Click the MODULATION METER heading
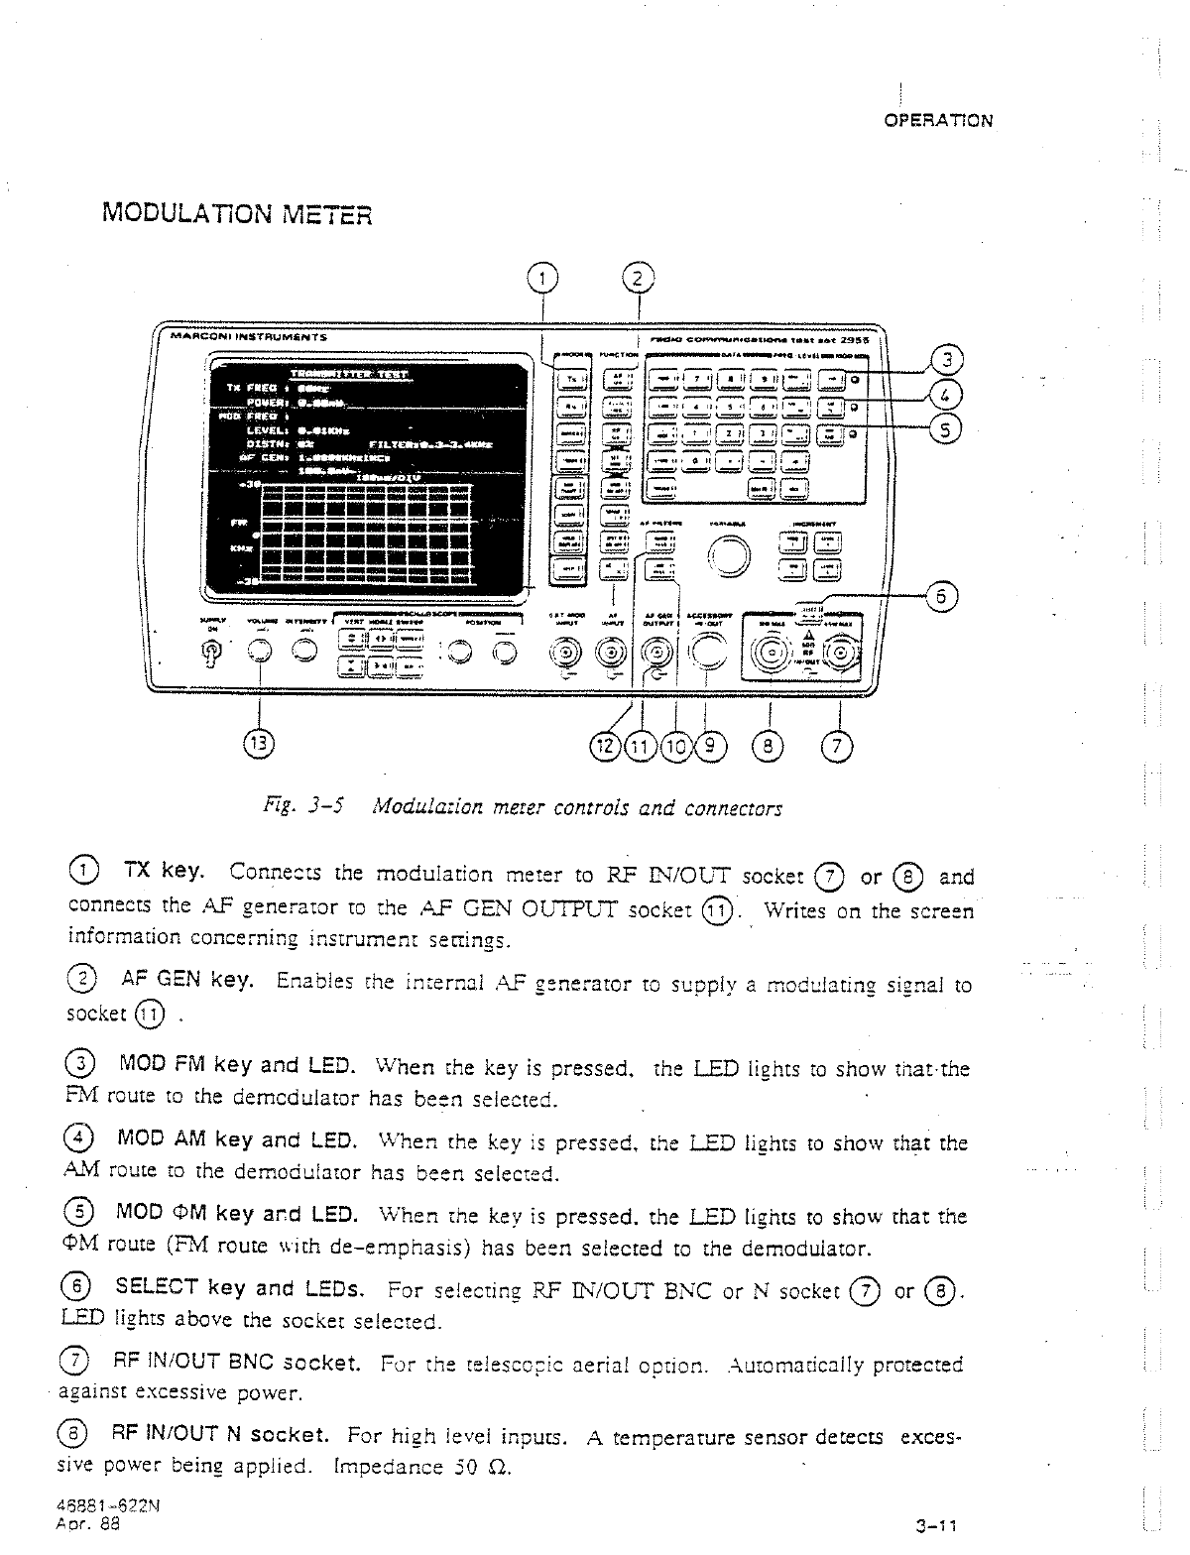[x=236, y=213]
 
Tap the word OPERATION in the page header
[x=937, y=121]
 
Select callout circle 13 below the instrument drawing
[x=260, y=744]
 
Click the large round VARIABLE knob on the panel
[x=730, y=553]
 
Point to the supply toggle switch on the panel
[x=210, y=651]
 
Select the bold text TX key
[x=163, y=872]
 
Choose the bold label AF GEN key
[x=185, y=980]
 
